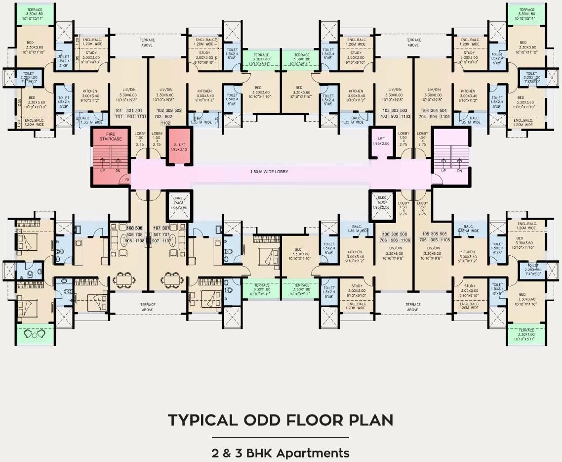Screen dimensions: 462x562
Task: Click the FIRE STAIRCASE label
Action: (x=110, y=136)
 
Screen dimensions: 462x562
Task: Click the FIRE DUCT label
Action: (x=178, y=203)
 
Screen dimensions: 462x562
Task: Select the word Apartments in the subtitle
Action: (x=313, y=453)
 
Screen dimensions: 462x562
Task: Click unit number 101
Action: (x=118, y=110)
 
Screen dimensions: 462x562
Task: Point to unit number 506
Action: (x=403, y=234)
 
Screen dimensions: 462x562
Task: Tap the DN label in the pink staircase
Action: (x=459, y=171)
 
